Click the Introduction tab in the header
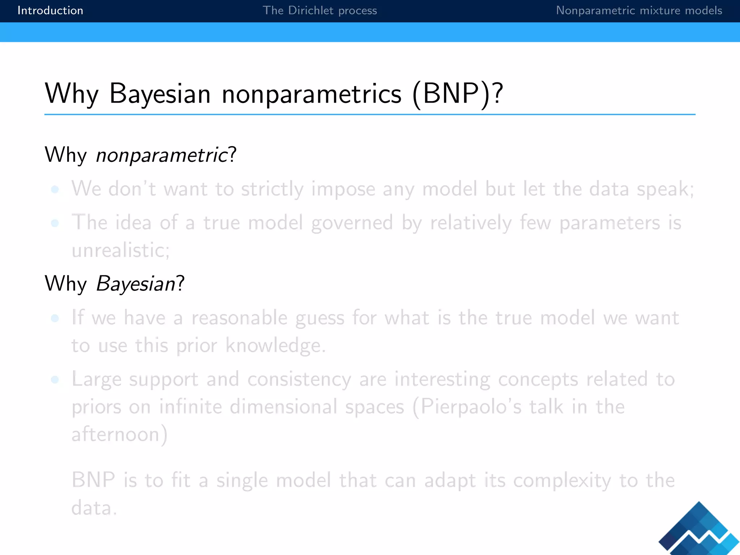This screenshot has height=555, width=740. point(50,10)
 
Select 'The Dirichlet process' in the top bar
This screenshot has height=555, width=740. point(319,10)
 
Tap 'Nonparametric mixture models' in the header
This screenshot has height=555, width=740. point(639,10)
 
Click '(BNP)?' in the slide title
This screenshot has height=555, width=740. point(457,94)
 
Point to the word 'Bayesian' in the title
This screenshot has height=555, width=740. point(160,94)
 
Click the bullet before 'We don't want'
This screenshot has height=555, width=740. point(55,189)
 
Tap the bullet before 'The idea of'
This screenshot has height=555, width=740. point(55,223)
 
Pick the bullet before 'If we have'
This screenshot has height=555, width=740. point(55,318)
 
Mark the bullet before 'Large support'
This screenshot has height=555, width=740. point(55,379)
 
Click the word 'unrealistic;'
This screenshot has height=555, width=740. point(121,250)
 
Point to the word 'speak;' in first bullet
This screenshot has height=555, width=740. point(665,189)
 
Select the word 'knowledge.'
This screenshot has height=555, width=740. point(276,346)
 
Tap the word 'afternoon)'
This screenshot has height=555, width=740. point(120,434)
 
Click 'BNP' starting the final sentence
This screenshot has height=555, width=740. point(93,480)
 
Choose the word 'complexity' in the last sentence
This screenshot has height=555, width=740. point(562,481)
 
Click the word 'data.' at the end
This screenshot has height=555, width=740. point(94,508)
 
